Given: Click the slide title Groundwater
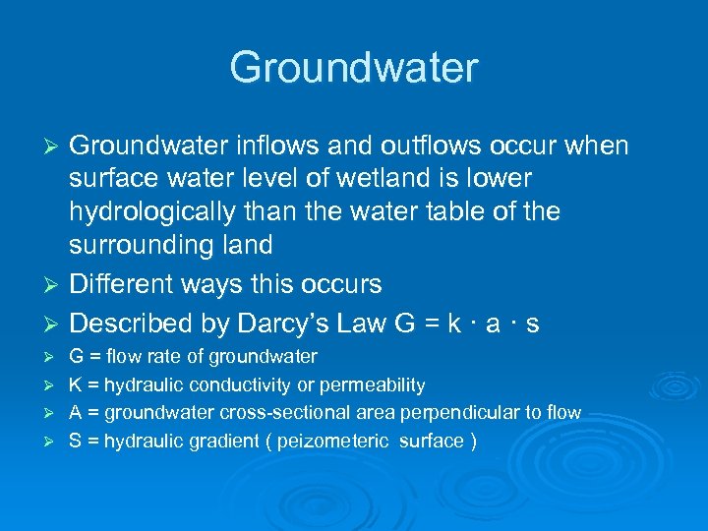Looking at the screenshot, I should pyautogui.click(x=354, y=68).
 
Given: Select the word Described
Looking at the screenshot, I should pyautogui.click(x=130, y=324).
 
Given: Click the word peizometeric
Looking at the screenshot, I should pyautogui.click(x=333, y=440).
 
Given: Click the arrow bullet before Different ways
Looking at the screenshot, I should pyautogui.click(x=55, y=285).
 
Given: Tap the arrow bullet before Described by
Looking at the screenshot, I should pyautogui.click(x=55, y=324).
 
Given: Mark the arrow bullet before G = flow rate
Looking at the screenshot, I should pyautogui.click(x=54, y=357).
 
